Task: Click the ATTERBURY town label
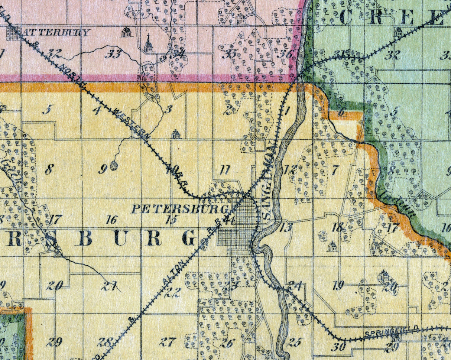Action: coord(56,32)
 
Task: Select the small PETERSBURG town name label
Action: coord(179,209)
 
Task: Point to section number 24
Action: coord(295,285)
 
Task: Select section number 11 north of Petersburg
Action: coord(225,170)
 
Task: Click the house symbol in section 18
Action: coord(332,246)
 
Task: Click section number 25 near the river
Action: coord(294,342)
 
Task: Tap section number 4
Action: coord(97,110)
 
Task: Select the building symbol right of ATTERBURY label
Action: coord(126,32)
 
